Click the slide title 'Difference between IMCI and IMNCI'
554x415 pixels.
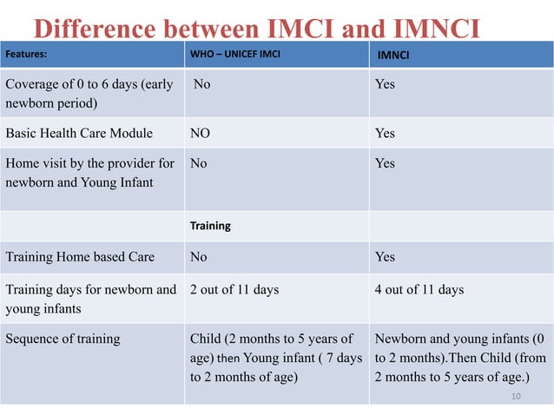257,29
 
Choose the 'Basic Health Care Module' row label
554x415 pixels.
79,133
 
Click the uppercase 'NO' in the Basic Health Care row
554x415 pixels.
200,133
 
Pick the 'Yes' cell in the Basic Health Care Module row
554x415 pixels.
385,133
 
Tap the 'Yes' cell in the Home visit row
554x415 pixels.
385,163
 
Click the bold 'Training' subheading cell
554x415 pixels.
210,226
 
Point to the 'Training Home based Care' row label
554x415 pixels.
80,256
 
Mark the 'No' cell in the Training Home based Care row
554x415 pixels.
199,256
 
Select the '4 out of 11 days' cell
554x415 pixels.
419,289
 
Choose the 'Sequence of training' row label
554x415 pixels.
63,339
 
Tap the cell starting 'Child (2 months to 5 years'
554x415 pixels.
275,358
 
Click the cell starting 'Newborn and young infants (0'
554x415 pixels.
459,358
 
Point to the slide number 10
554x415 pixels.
516,396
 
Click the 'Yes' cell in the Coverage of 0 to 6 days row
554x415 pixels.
385,84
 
